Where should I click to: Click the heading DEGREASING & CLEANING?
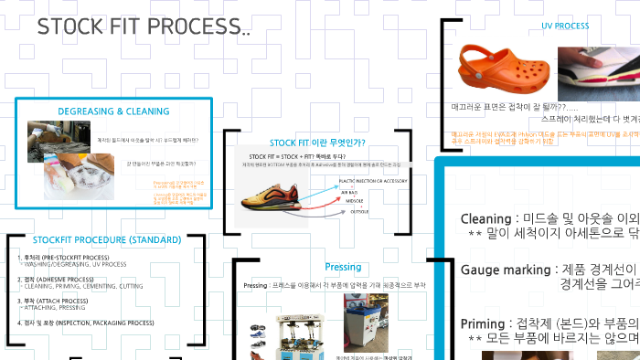[x=113, y=111]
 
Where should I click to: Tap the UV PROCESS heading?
[x=565, y=26]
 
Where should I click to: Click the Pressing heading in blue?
[x=343, y=267]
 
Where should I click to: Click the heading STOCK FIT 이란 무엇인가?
[x=317, y=143]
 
